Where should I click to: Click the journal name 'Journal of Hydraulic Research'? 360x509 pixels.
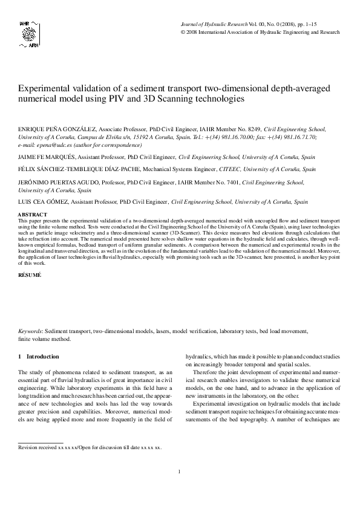214,22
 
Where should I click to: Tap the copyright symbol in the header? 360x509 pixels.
183,31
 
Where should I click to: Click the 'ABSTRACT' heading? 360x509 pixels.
33,215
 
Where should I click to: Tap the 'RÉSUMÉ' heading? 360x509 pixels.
30,275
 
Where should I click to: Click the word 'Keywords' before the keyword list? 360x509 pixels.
30,331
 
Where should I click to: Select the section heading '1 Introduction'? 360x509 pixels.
39,357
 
